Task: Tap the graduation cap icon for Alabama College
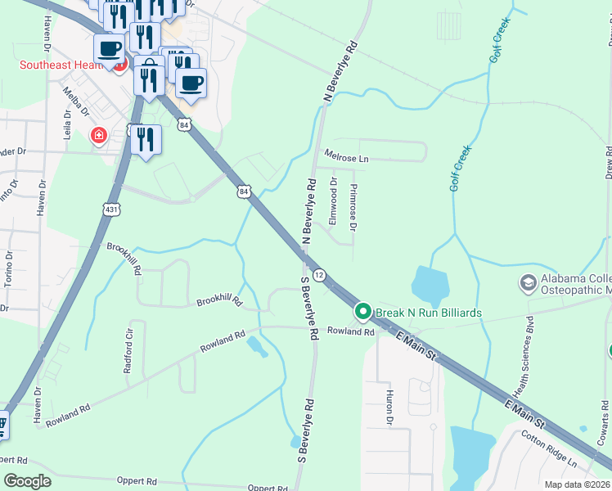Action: [528, 283]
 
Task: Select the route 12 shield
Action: [319, 276]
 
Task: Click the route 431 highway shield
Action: [111, 210]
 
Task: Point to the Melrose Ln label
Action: [347, 155]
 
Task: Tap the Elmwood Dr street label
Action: [333, 201]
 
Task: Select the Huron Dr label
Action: [389, 407]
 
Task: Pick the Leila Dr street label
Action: [68, 125]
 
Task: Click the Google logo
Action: [27, 481]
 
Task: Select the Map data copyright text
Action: [575, 484]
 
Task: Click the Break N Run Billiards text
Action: [428, 313]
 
